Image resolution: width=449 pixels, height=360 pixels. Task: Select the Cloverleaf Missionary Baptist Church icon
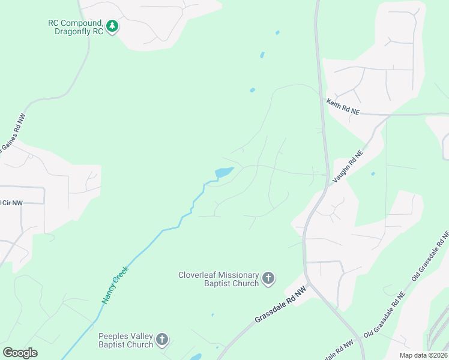pos(268,279)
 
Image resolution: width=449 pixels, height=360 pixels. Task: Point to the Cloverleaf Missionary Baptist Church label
pos(218,279)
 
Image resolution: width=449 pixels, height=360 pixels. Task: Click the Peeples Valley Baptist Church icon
pos(162,340)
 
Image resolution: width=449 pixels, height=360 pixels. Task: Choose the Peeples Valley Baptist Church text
pos(126,340)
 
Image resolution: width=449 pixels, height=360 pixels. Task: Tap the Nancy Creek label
pos(116,285)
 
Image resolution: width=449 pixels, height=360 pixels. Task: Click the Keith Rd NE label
pos(343,107)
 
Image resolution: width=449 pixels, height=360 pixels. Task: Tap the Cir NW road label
pos(11,203)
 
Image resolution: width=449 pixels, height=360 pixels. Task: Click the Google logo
pos(20,353)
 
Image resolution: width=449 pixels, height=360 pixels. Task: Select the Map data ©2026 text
pos(423,355)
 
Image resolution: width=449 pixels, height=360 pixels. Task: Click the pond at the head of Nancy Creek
pos(223,173)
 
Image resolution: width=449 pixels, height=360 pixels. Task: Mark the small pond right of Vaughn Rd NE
pos(373,174)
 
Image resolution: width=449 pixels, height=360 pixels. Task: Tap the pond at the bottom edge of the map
pos(196,357)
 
